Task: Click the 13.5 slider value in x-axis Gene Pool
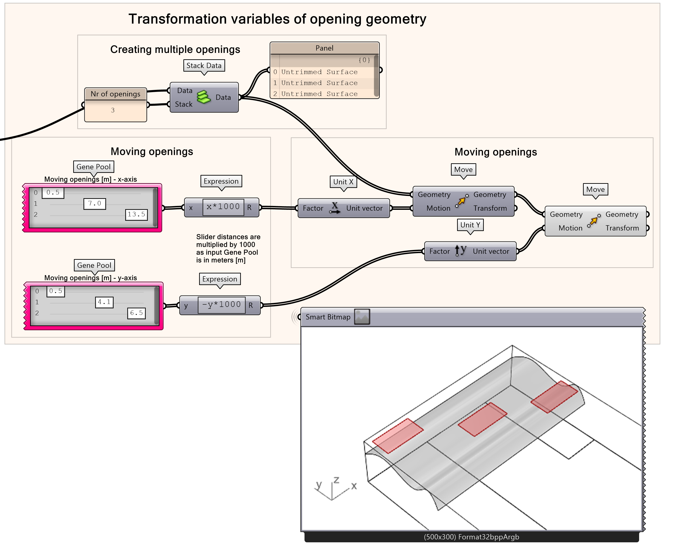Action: pyautogui.click(x=136, y=215)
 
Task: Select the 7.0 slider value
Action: pyautogui.click(x=94, y=204)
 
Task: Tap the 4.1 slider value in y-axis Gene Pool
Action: pyautogui.click(x=104, y=302)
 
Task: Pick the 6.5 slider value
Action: pyautogui.click(x=136, y=313)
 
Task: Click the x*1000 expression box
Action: pyautogui.click(x=223, y=207)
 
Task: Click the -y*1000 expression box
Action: pyautogui.click(x=221, y=305)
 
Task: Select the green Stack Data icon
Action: pyautogui.click(x=203, y=97)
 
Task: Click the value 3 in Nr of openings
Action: pyautogui.click(x=113, y=110)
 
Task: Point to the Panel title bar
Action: pyautogui.click(x=324, y=48)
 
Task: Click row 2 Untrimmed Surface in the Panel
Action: pyautogui.click(x=319, y=94)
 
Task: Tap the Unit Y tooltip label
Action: pyautogui.click(x=470, y=225)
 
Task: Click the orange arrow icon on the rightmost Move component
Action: pyautogui.click(x=593, y=221)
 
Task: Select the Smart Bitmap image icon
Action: pyautogui.click(x=362, y=317)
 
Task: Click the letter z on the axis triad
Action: pyautogui.click(x=336, y=480)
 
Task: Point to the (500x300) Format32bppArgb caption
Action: pyautogui.click(x=471, y=537)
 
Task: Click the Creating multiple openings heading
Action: pyautogui.click(x=175, y=49)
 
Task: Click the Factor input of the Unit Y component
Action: pyautogui.click(x=439, y=251)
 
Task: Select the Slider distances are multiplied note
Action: pyautogui.click(x=228, y=249)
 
